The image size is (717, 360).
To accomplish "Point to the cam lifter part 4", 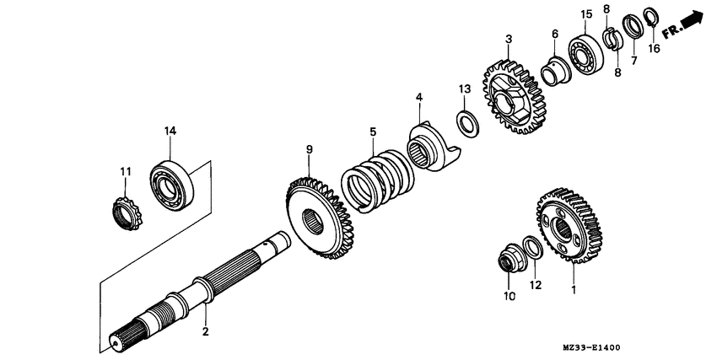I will (x=431, y=148).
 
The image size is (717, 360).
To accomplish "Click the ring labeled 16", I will (x=651, y=16).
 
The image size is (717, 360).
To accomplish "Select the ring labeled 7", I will (x=633, y=26).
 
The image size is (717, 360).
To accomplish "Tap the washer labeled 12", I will (x=532, y=247).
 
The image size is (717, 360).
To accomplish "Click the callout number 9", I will (x=310, y=149).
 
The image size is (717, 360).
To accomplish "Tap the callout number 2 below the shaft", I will (x=205, y=331).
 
